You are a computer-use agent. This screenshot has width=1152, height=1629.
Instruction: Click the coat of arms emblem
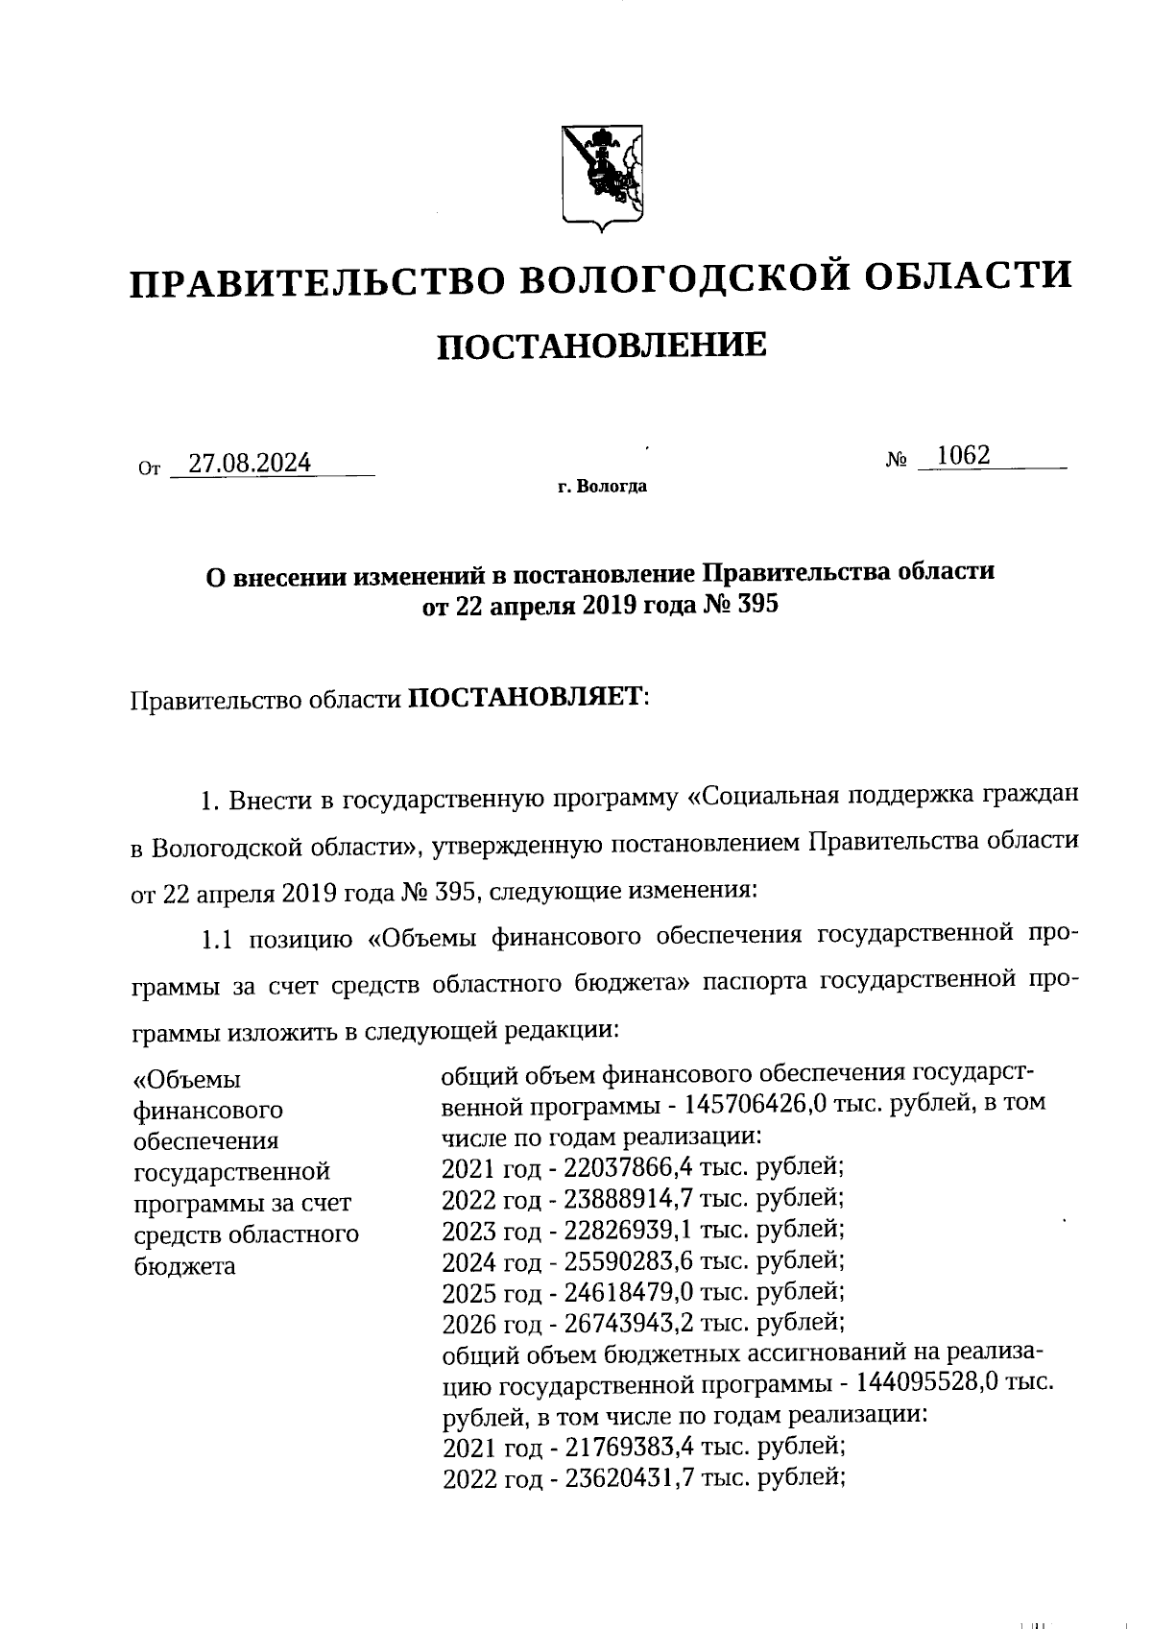pyautogui.click(x=602, y=178)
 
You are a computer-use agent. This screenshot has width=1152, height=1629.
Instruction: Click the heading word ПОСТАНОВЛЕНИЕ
pyautogui.click(x=602, y=345)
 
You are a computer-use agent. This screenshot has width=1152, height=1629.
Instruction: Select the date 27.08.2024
pyautogui.click(x=250, y=464)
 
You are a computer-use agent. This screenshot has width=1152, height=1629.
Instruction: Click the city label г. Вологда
pyautogui.click(x=602, y=487)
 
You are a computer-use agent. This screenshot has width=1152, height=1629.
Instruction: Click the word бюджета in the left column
pyautogui.click(x=183, y=1265)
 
